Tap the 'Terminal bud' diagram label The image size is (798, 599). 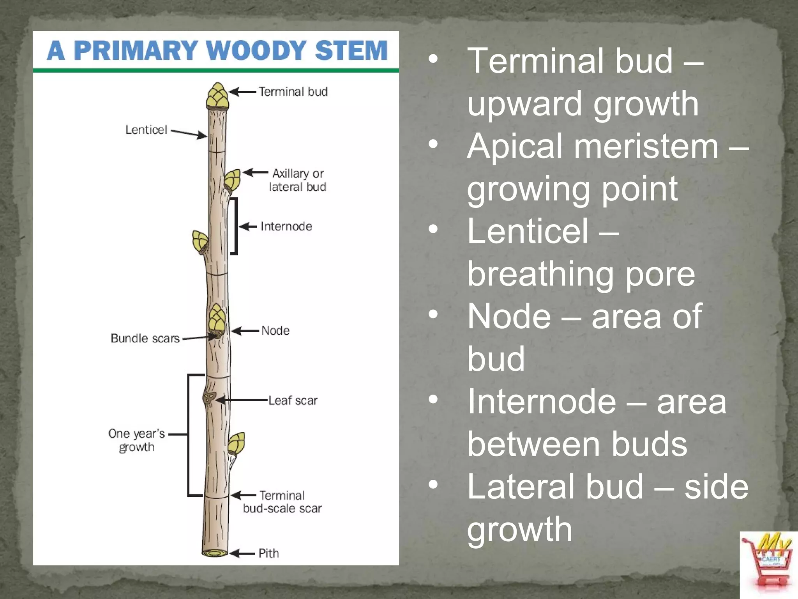tap(293, 92)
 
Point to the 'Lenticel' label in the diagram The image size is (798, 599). tap(146, 129)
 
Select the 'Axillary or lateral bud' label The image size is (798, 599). tap(298, 180)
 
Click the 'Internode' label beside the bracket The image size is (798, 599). tap(286, 226)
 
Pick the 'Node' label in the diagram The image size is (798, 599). tap(275, 331)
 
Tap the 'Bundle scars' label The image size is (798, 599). tap(145, 338)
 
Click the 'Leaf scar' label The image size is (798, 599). tap(293, 400)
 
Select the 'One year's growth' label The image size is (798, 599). tap(137, 440)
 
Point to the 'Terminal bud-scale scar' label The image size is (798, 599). tap(282, 502)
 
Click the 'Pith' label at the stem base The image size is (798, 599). tap(269, 553)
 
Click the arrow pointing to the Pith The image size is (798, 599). tap(242, 553)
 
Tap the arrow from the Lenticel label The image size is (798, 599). tap(189, 133)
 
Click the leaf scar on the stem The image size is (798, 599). tap(209, 398)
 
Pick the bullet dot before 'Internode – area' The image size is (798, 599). tap(433, 399)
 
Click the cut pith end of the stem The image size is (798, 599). tap(214, 553)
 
